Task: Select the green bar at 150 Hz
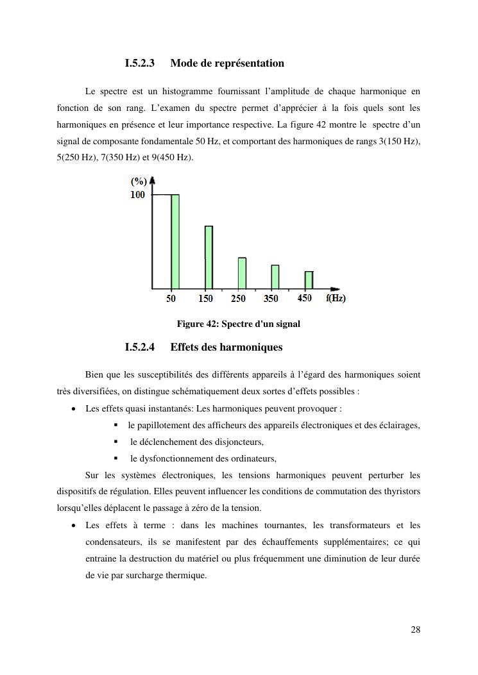click(209, 257)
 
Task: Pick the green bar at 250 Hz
click(242, 273)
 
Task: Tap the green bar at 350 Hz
click(275, 277)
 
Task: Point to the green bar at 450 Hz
click(309, 280)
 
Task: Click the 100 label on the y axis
click(138, 195)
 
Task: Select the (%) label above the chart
click(139, 181)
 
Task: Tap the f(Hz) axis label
click(336, 299)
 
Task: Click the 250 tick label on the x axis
click(238, 299)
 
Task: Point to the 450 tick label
click(305, 298)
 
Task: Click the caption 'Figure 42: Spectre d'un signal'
click(239, 324)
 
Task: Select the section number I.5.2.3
click(140, 63)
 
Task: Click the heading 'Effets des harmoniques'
click(226, 347)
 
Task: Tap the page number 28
click(416, 629)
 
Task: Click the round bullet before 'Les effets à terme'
click(75, 526)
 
